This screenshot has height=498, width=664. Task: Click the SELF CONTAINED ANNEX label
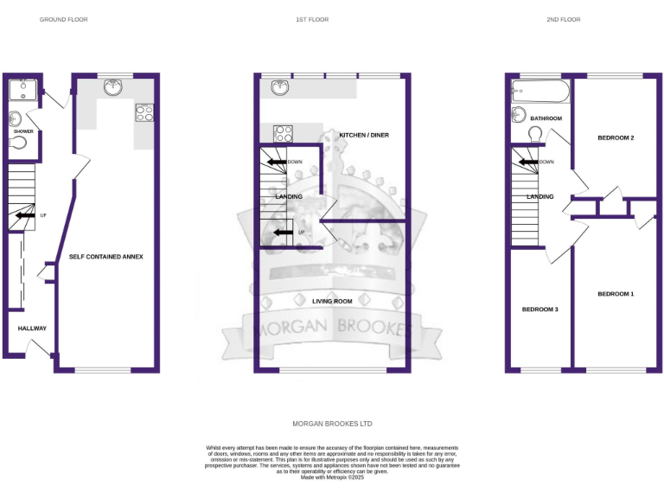click(x=105, y=257)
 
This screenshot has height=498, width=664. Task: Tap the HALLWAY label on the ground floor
click(x=32, y=329)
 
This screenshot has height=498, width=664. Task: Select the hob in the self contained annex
click(x=144, y=112)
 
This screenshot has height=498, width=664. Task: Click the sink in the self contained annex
click(x=113, y=86)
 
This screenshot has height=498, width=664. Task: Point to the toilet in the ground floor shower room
click(x=18, y=144)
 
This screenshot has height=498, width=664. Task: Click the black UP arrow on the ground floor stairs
click(x=25, y=215)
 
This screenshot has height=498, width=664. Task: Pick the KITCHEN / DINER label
click(x=363, y=136)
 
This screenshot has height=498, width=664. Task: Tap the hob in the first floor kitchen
click(x=283, y=133)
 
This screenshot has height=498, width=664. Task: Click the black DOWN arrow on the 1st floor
click(x=276, y=162)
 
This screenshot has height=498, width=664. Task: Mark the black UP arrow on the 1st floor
click(x=282, y=232)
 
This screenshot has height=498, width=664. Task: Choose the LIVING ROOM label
click(x=332, y=301)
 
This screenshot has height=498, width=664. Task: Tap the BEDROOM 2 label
click(x=616, y=138)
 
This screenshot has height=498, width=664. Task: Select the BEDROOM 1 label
click(x=616, y=294)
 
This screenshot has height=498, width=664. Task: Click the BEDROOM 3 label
click(x=539, y=309)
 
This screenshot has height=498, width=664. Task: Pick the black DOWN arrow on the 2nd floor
click(x=527, y=162)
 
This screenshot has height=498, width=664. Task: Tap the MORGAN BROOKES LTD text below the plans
click(x=332, y=424)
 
